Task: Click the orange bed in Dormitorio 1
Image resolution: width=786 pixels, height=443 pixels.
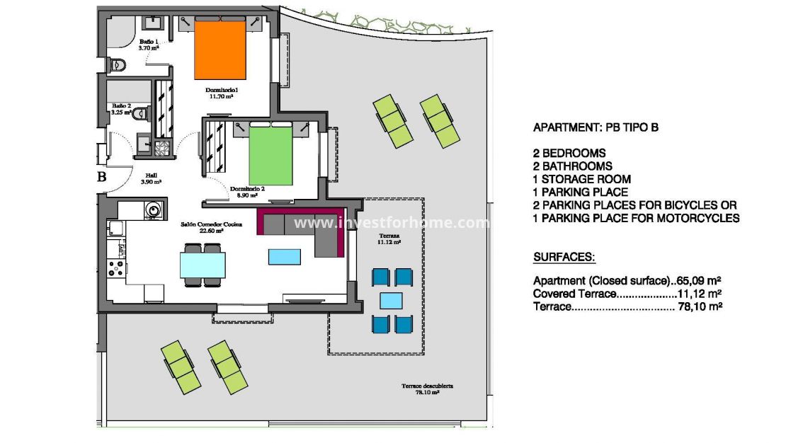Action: coord(220,50)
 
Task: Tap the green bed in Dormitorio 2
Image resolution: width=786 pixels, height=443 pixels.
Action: coord(270,156)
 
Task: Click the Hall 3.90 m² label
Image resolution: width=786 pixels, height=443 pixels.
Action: coord(151,178)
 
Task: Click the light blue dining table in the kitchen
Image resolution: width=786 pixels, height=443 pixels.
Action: coord(203,265)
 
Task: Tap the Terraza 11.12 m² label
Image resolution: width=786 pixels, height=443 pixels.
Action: coord(389,238)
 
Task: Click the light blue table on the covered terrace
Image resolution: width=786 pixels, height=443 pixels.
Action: coord(392,301)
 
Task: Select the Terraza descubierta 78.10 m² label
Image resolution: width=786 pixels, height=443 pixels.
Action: coord(427,389)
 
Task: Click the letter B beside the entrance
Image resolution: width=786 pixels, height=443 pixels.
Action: coord(101,178)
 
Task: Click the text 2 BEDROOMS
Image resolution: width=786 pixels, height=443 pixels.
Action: coord(569,153)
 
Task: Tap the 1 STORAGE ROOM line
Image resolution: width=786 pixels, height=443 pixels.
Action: coord(581,179)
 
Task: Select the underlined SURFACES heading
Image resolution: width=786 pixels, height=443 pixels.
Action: coord(564,256)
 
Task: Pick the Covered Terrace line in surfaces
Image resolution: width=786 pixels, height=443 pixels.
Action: coord(627,294)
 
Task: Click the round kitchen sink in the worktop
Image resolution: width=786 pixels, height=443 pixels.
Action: coord(152,209)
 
